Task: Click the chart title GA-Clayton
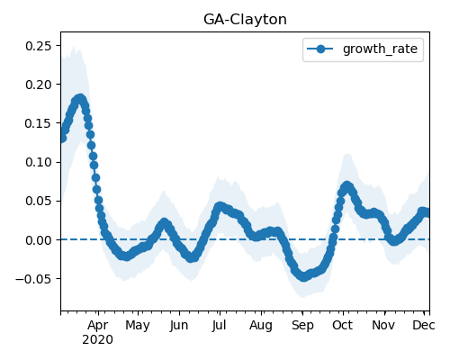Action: [245, 20]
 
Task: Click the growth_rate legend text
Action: [380, 49]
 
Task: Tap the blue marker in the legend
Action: [320, 49]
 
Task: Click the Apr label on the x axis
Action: [98, 326]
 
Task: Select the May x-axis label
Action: [138, 326]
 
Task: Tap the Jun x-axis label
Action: [179, 326]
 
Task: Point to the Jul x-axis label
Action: [219, 325]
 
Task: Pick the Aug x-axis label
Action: [261, 326]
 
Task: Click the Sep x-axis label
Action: [302, 326]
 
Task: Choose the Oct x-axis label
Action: [342, 325]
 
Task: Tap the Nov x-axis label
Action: [383, 325]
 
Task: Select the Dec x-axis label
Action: [424, 325]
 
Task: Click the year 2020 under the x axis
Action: [98, 340]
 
